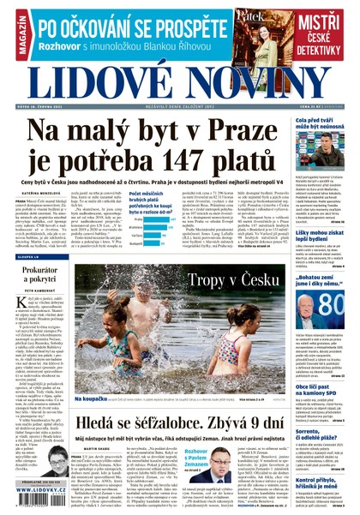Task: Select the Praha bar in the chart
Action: [x=155, y=219]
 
